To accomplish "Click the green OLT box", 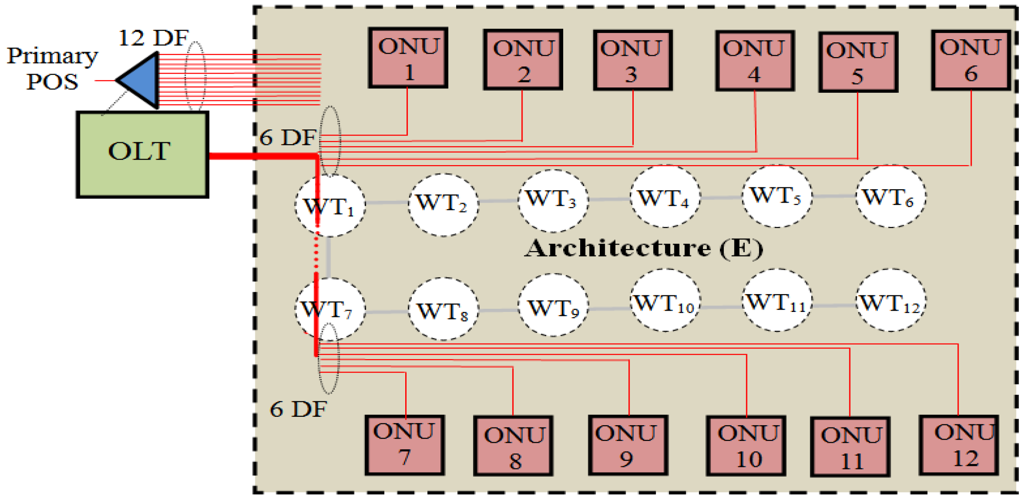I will click(x=142, y=154).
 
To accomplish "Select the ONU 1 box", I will click(x=408, y=58).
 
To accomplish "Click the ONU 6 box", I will click(x=970, y=60).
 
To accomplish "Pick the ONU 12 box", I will click(x=958, y=445).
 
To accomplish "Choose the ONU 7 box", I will click(x=404, y=445).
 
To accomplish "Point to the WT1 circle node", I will click(x=330, y=205).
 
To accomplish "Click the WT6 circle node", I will click(x=890, y=197).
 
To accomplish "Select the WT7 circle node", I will click(x=330, y=309).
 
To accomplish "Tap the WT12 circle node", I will click(x=890, y=300).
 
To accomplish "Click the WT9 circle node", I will click(x=553, y=306).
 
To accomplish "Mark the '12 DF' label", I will click(x=153, y=38).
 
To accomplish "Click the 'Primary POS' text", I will click(x=52, y=68).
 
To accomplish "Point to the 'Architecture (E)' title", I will click(x=643, y=248).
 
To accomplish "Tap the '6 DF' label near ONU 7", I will click(x=298, y=409).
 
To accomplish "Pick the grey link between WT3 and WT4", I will click(x=609, y=199).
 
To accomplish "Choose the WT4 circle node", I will click(x=665, y=197).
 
